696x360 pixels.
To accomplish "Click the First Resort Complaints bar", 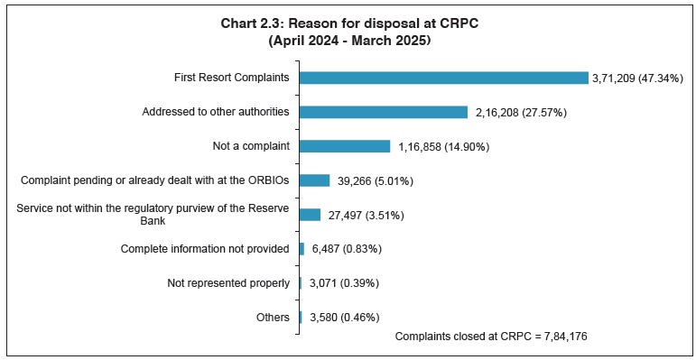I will (x=442, y=78).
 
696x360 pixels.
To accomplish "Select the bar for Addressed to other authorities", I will (x=383, y=112).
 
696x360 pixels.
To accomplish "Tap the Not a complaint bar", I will (x=344, y=146).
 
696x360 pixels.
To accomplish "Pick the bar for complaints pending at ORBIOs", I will (x=314, y=180).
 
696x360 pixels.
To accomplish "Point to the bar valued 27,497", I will (x=310, y=215).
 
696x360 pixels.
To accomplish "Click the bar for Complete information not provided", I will (x=302, y=249).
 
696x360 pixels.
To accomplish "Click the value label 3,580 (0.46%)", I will (x=341, y=318).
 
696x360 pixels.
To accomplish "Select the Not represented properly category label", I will (x=228, y=283).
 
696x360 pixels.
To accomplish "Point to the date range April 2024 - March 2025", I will (x=348, y=41).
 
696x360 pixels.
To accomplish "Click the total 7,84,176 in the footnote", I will (x=566, y=336).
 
